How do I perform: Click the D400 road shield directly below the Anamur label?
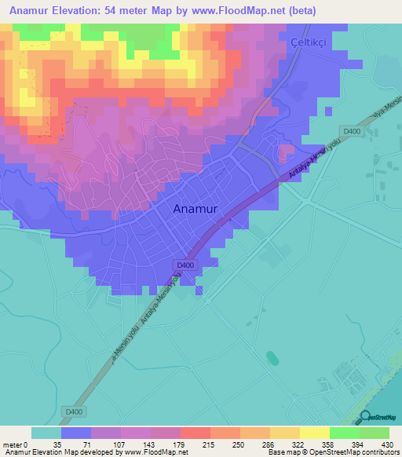(x=185, y=265)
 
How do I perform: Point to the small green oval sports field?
(x=272, y=358)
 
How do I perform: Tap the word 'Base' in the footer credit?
(x=276, y=452)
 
